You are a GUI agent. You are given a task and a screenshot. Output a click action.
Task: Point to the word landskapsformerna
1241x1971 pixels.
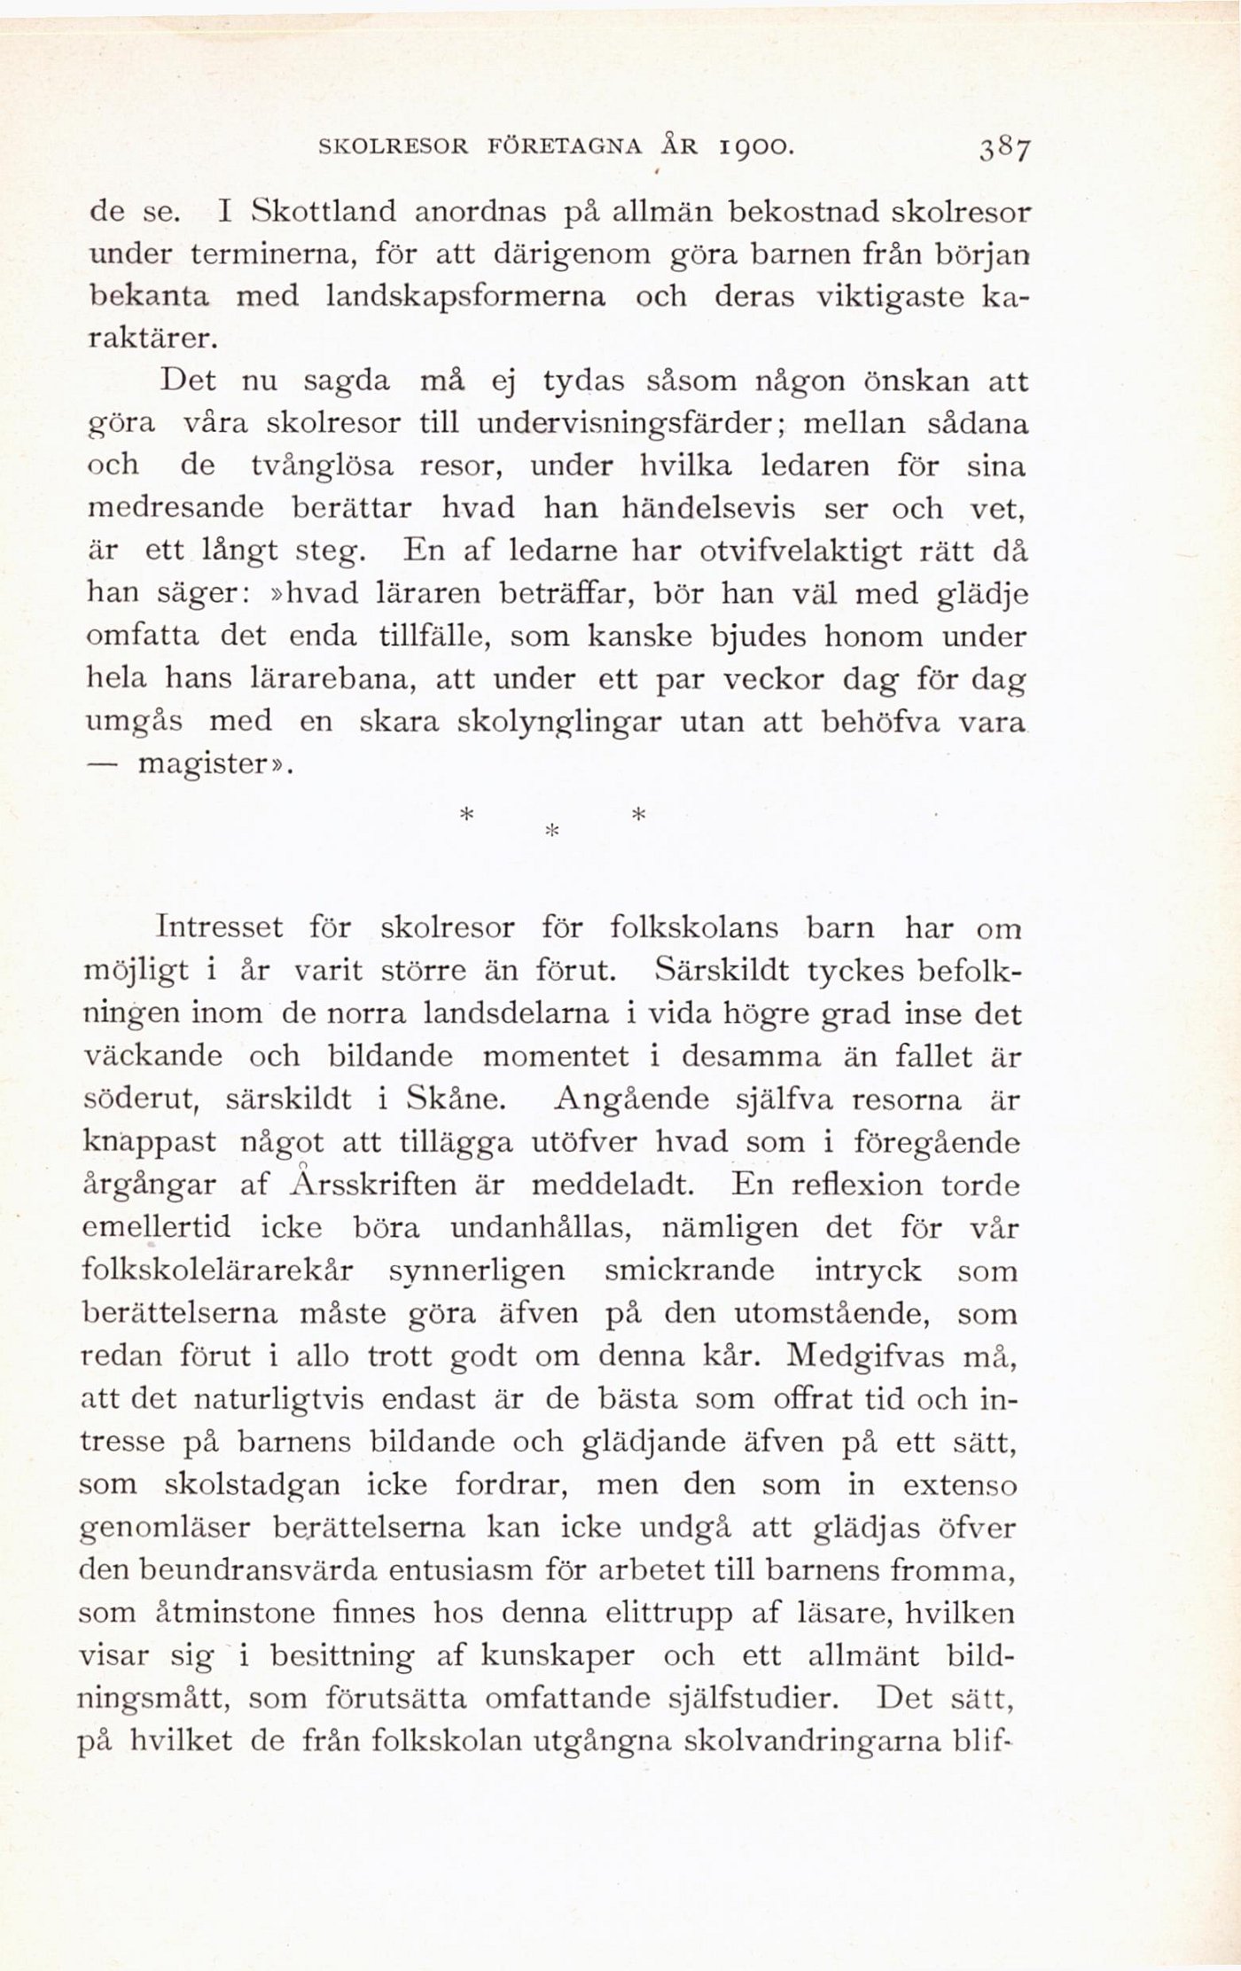(464, 296)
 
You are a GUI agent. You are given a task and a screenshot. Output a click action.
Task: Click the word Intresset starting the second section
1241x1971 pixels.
(220, 928)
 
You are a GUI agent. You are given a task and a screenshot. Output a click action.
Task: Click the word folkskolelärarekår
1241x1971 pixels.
(217, 1271)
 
